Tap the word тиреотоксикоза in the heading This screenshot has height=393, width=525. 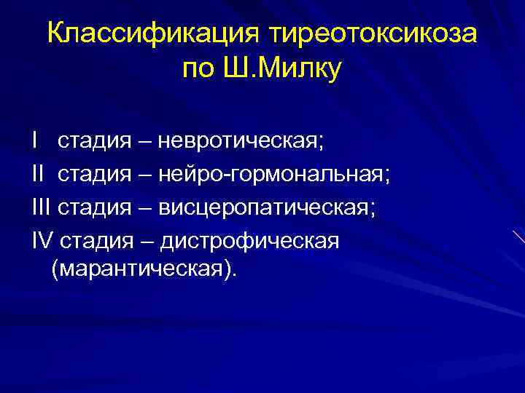pos(376,34)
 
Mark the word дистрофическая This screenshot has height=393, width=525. pos(250,241)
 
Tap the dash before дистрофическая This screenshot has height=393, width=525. pos(138,242)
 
